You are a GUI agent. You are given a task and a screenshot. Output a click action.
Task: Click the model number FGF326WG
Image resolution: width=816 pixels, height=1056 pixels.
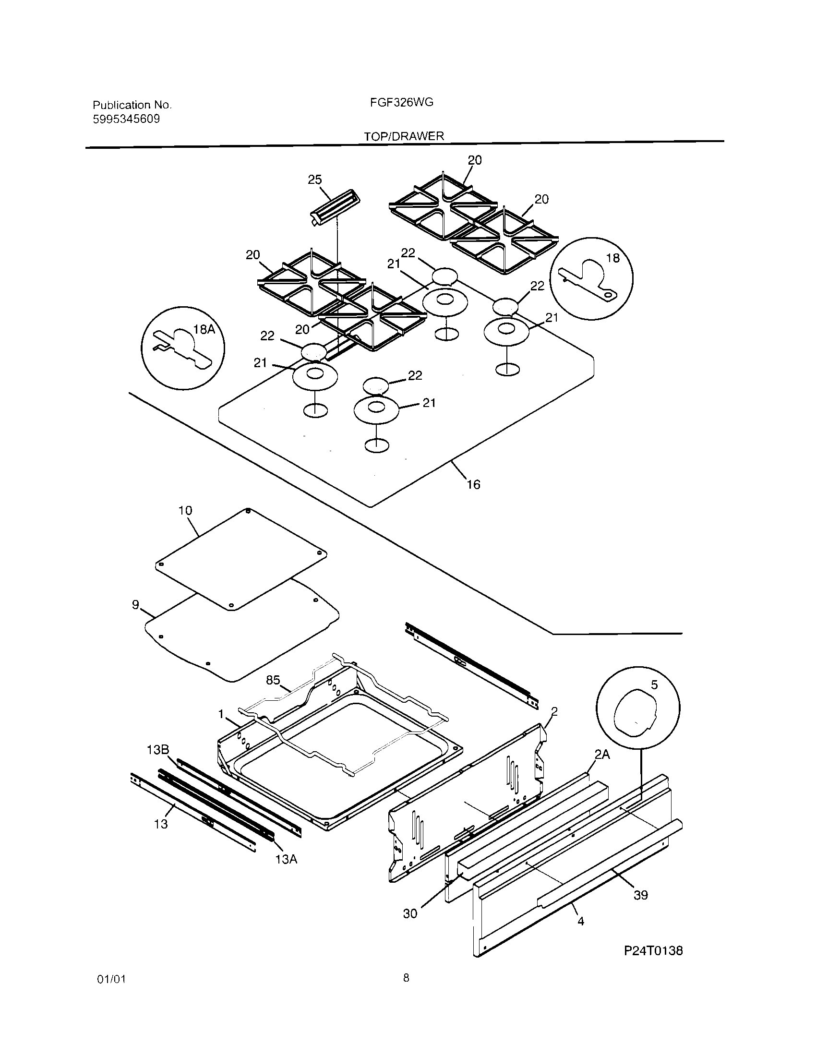click(405, 103)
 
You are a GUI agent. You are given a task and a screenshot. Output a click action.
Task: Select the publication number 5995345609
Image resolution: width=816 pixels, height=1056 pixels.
click(126, 119)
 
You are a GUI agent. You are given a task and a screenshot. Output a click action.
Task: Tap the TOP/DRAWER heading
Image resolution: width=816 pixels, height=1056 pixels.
click(404, 136)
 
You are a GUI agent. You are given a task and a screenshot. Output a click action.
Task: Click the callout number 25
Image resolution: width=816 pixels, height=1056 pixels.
click(315, 180)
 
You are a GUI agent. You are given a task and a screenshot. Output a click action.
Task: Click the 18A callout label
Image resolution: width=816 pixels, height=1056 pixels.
click(204, 330)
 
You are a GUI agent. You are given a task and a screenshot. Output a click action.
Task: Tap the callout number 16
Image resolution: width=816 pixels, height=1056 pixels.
click(473, 484)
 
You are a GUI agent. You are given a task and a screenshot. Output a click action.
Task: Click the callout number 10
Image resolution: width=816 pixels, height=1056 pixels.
click(185, 511)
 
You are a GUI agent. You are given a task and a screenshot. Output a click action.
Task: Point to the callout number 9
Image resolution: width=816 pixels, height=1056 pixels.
click(136, 605)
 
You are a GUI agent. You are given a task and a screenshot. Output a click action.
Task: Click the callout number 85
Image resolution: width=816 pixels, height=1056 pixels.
click(273, 680)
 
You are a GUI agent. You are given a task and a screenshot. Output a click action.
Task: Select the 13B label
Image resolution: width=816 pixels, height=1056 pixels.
click(157, 750)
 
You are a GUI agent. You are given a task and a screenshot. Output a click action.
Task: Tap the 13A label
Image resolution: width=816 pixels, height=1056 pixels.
click(286, 859)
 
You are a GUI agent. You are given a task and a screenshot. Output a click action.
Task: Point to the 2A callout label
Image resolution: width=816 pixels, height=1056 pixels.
click(602, 754)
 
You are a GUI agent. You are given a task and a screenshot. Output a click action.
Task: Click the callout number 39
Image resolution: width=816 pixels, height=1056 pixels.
click(640, 895)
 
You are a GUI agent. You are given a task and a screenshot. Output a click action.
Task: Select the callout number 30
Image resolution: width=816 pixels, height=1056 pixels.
click(410, 913)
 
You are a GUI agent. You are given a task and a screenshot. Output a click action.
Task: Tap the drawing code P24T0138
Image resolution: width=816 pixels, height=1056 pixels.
click(653, 950)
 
